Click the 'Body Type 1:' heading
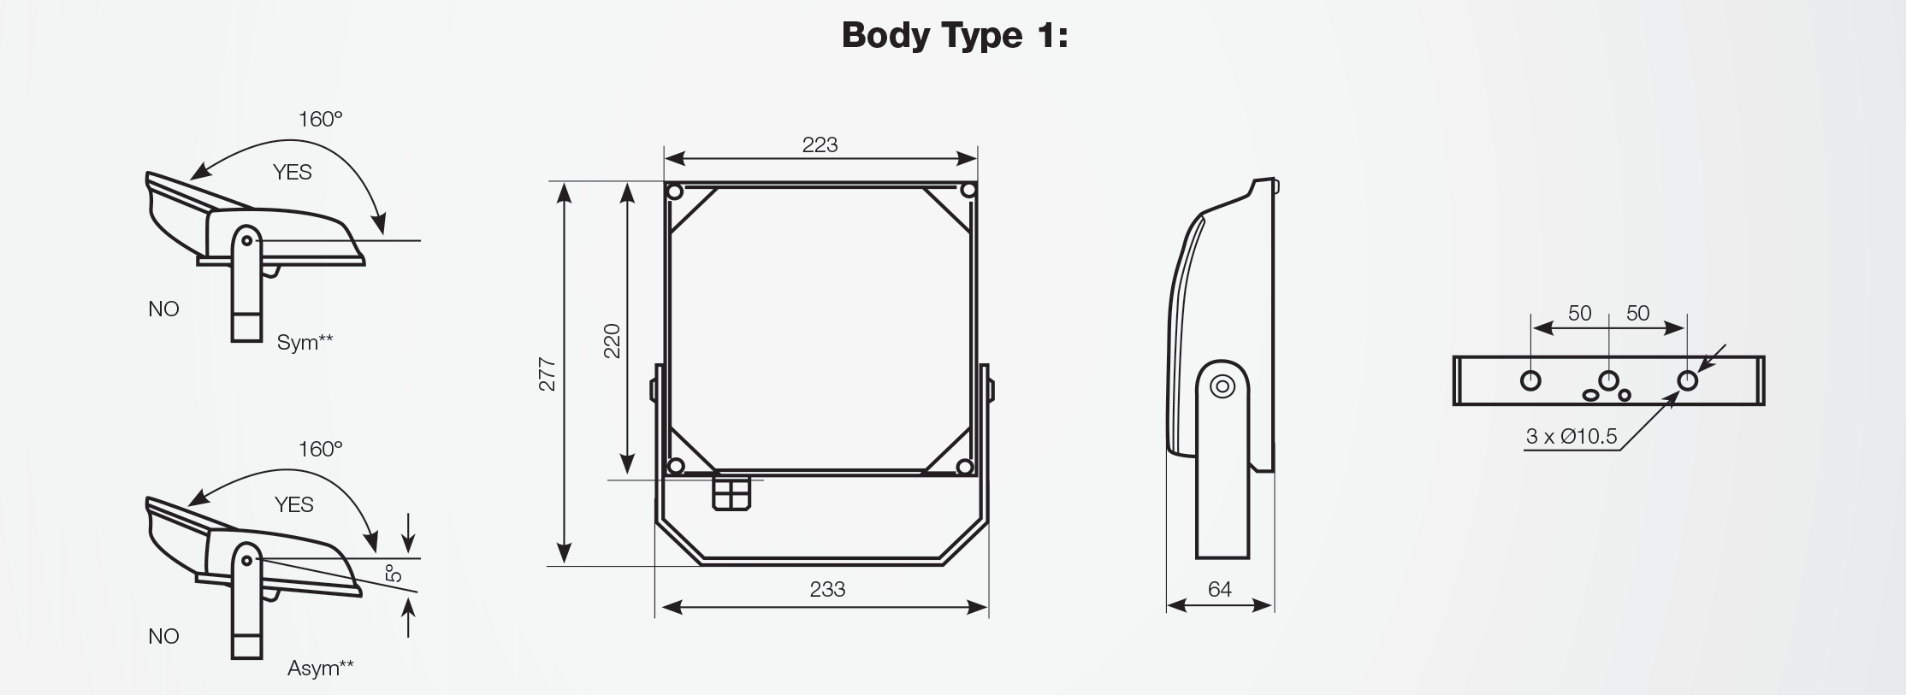(955, 36)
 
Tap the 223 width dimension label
(820, 144)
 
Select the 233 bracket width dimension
(827, 589)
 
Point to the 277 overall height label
(547, 374)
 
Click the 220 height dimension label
(612, 340)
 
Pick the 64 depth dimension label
(1219, 589)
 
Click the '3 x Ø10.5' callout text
(1572, 437)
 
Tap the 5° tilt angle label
(394, 573)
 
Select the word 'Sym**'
(305, 343)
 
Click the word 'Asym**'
(320, 668)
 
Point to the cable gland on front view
(731, 493)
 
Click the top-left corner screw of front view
(674, 191)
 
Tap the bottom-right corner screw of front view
(965, 467)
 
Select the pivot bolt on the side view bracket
(1222, 387)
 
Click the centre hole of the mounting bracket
(1608, 380)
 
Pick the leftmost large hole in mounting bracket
(1530, 380)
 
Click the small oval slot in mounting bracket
(1591, 395)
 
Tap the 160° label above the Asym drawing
(320, 449)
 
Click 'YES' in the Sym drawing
(292, 173)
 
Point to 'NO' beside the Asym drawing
(163, 636)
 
